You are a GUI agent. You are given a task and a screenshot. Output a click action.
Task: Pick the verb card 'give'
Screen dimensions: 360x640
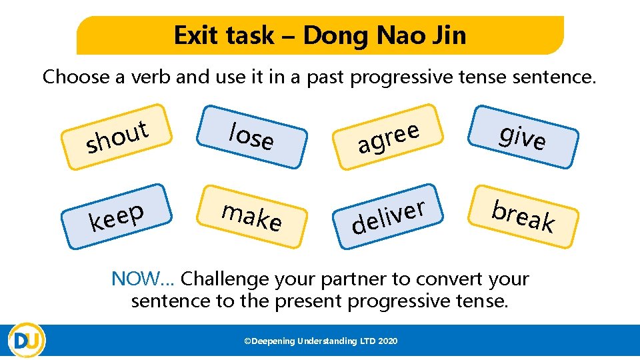[x=523, y=137]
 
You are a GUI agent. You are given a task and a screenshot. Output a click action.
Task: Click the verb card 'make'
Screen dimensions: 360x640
[x=251, y=216]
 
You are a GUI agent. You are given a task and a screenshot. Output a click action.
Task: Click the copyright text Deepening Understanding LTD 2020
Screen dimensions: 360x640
[x=321, y=341]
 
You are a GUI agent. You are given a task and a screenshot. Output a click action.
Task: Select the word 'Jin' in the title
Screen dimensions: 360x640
[x=448, y=35]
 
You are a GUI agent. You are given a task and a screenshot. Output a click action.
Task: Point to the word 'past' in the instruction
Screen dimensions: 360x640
[x=324, y=77]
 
